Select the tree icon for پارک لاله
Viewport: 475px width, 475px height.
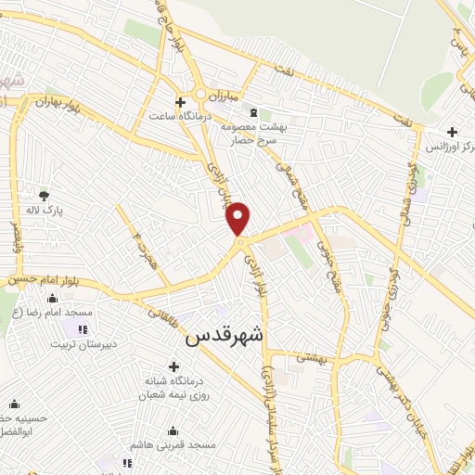click(x=44, y=195)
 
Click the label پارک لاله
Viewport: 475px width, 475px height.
click(x=45, y=211)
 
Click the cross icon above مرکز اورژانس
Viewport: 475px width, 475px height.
click(x=452, y=132)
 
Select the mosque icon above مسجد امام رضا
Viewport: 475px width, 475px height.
click(x=52, y=298)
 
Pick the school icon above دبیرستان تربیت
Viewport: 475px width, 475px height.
click(x=84, y=328)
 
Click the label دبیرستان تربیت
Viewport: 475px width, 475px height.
click(x=83, y=343)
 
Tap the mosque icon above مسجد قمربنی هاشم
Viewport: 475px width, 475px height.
click(x=173, y=430)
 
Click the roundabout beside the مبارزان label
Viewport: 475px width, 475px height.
click(x=201, y=95)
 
